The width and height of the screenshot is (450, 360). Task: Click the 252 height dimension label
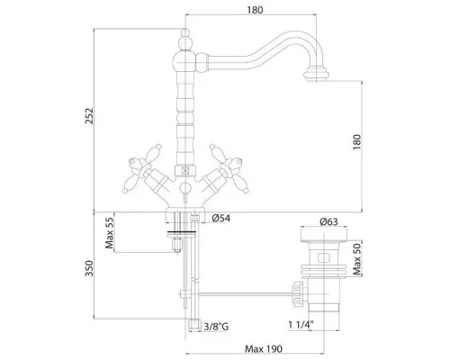(89, 115)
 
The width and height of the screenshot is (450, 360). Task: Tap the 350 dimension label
(89, 268)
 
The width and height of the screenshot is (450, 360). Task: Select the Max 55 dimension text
(110, 233)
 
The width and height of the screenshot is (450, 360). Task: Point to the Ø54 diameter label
(221, 218)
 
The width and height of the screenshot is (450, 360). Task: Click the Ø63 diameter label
(328, 221)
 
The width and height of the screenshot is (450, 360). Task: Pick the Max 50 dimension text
(357, 259)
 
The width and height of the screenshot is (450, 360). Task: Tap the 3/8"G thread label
(216, 326)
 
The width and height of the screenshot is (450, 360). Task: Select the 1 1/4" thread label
(301, 325)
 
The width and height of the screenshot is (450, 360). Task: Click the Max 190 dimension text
(264, 349)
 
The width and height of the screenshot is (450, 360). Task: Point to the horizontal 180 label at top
(255, 10)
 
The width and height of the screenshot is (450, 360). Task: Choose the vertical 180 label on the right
(357, 142)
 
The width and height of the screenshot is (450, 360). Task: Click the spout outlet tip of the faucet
(316, 75)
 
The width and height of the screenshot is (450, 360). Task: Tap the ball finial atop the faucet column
(185, 40)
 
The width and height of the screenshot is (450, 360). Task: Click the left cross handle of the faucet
(140, 168)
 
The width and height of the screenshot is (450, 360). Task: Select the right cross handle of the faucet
(230, 168)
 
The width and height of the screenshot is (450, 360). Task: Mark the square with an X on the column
(185, 171)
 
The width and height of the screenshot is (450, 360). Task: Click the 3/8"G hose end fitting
(194, 326)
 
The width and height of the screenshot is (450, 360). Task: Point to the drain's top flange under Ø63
(324, 234)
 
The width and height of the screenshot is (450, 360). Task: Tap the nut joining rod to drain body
(297, 294)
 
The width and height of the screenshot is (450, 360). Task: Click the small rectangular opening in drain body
(323, 257)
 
